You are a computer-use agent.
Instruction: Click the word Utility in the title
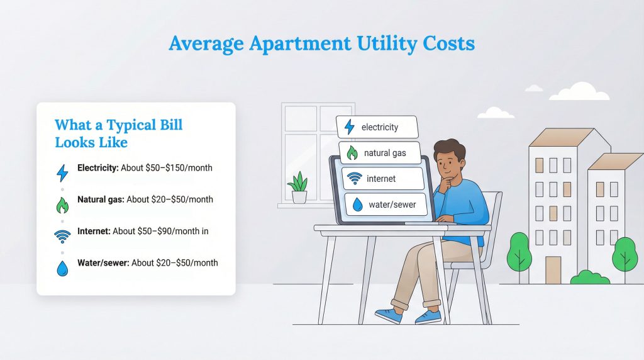coord(364,43)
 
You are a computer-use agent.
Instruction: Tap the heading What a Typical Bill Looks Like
coord(118,133)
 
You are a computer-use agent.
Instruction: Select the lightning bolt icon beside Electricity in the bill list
coord(62,173)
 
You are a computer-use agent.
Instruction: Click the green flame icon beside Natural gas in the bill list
coord(62,205)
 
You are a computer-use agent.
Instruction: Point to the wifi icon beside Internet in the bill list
coord(62,237)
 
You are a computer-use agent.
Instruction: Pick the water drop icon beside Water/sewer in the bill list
coord(62,268)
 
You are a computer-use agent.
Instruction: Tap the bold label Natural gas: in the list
coord(101,200)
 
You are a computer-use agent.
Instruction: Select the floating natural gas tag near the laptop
coord(378,153)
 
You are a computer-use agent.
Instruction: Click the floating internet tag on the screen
coord(382,179)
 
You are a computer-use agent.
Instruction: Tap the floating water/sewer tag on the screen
coord(384,205)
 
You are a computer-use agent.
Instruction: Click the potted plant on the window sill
coord(298,188)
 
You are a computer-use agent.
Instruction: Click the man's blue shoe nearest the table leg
coord(388,315)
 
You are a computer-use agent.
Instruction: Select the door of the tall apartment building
coord(553,269)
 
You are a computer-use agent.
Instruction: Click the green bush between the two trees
coord(589,277)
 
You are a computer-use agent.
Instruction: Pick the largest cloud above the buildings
coord(579,92)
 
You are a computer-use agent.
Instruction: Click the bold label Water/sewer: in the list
coord(103,262)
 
